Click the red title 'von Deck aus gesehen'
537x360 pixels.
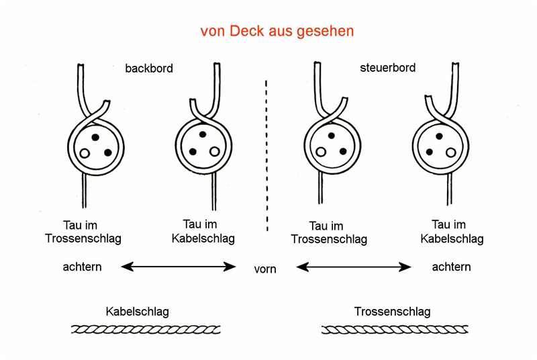click(x=277, y=32)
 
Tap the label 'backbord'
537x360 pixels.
click(x=149, y=68)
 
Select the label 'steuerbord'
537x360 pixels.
click(x=388, y=68)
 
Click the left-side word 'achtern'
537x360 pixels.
click(x=83, y=267)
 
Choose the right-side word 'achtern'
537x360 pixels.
click(x=451, y=267)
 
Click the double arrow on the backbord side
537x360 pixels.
click(x=179, y=267)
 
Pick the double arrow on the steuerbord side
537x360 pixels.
click(x=354, y=267)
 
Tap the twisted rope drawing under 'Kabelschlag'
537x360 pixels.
click(x=146, y=329)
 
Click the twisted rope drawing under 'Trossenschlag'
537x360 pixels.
click(x=395, y=329)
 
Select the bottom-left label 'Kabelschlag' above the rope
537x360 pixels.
click(x=137, y=312)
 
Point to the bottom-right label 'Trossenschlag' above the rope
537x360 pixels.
click(x=392, y=312)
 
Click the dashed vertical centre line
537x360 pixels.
click(x=267, y=154)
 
